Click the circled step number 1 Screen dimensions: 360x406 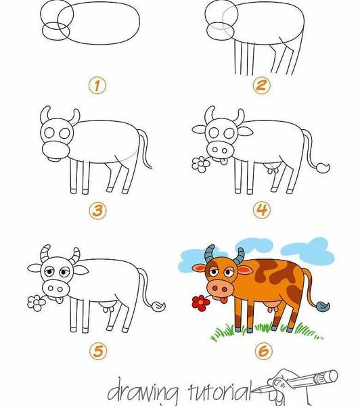tap(97, 86)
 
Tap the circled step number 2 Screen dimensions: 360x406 tap(261, 86)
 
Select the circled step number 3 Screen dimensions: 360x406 tap(98, 210)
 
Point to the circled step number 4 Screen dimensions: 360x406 tap(262, 210)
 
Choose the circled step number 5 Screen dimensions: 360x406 tap(98, 351)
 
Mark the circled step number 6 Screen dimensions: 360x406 tap(264, 351)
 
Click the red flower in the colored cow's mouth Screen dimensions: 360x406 tap(201, 303)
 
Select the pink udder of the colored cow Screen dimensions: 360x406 tap(272, 307)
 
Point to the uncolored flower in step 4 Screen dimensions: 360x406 tap(201, 164)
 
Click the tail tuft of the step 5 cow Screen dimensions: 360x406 tap(158, 307)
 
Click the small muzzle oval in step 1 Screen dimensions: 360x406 tap(56, 31)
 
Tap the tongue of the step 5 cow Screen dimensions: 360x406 tap(59, 300)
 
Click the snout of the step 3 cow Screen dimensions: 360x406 tap(55, 151)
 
